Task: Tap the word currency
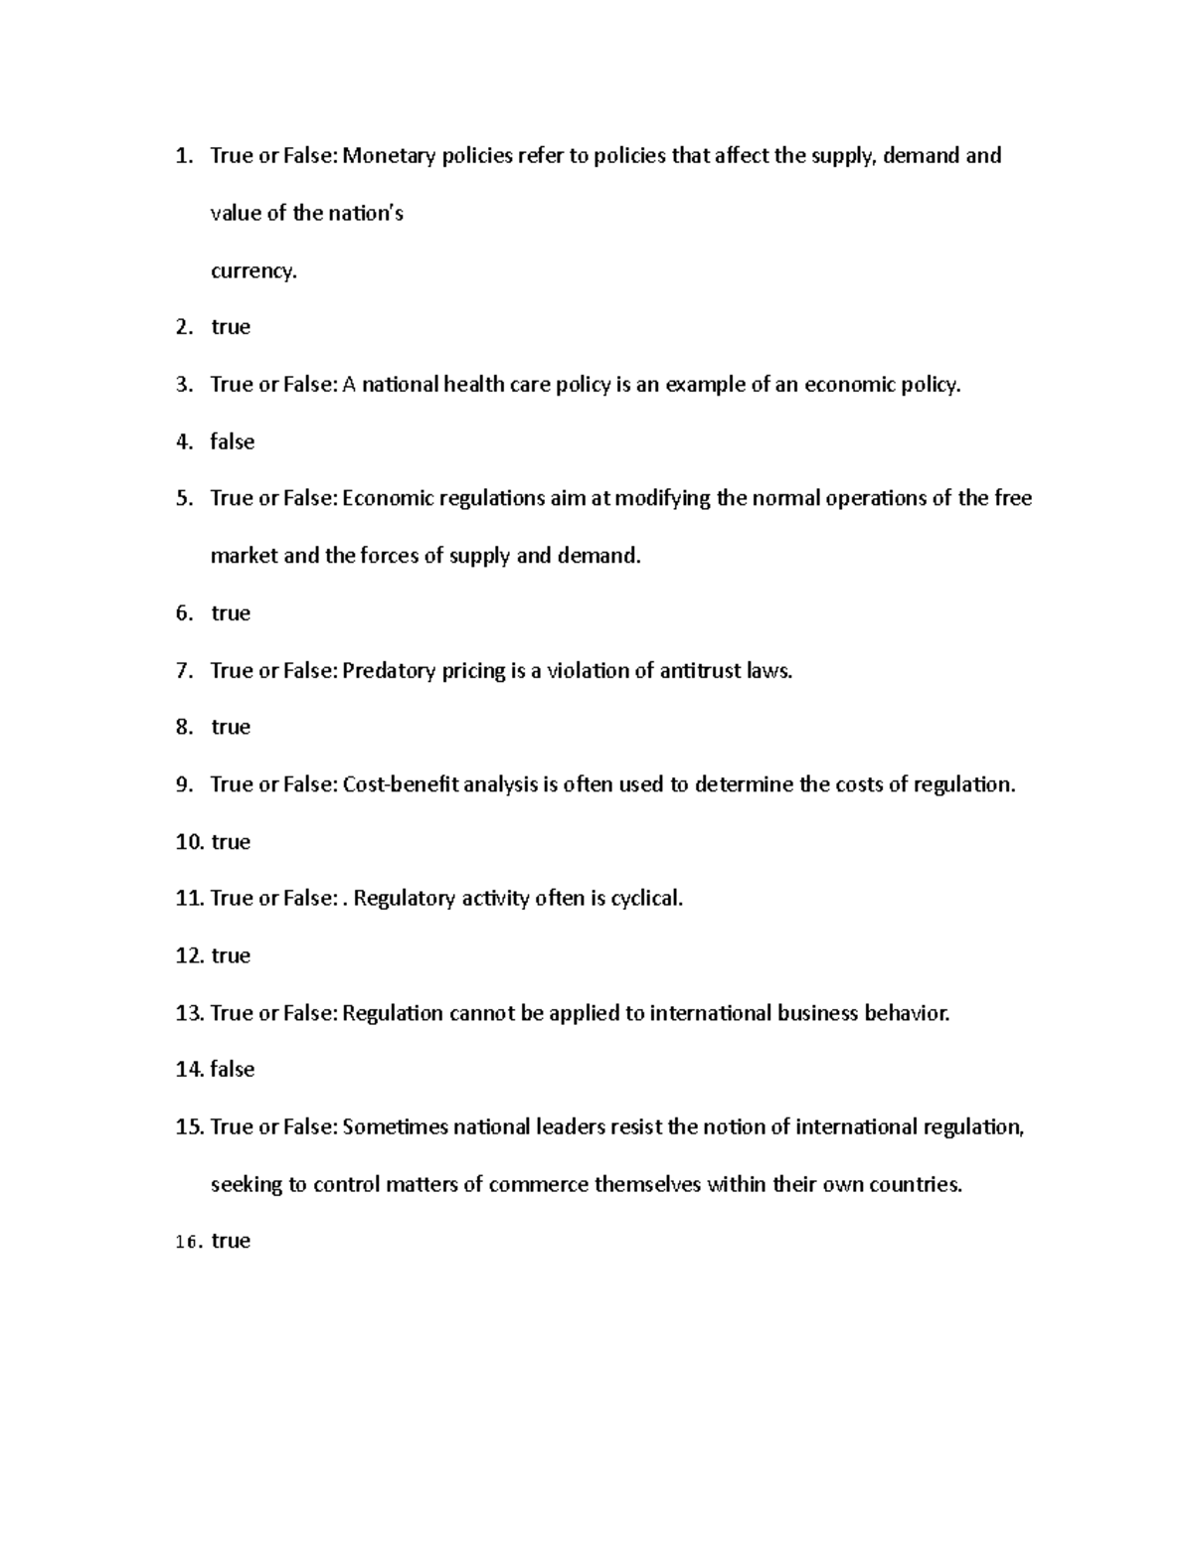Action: click(x=253, y=270)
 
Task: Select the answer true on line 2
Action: click(x=231, y=327)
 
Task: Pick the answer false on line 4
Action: click(x=233, y=441)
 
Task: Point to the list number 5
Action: click(x=183, y=498)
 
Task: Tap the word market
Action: click(x=244, y=556)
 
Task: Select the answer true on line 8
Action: click(x=231, y=727)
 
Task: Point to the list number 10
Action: click(x=188, y=842)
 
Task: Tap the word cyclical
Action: click(x=647, y=899)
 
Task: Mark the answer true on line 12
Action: click(x=231, y=955)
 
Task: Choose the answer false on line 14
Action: click(x=233, y=1070)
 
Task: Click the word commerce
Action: click(x=538, y=1185)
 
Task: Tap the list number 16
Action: click(x=188, y=1242)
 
